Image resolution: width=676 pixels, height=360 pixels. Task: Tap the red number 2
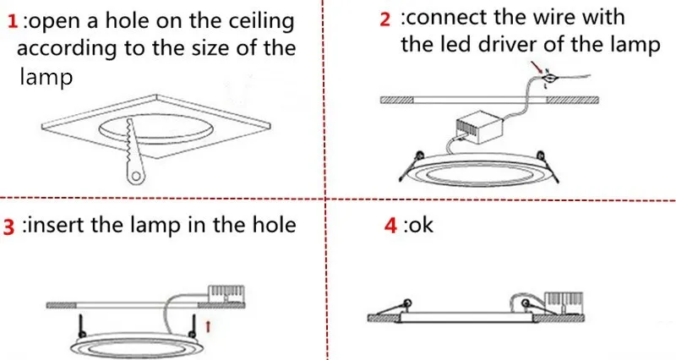pyautogui.click(x=385, y=18)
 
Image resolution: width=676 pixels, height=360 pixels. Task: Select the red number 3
pyautogui.click(x=10, y=226)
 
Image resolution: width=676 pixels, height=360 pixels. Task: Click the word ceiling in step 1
pyautogui.click(x=252, y=19)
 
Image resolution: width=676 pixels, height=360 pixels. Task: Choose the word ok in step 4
pyautogui.click(x=420, y=226)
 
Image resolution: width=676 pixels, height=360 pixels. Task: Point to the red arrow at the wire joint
pyautogui.click(x=534, y=65)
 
